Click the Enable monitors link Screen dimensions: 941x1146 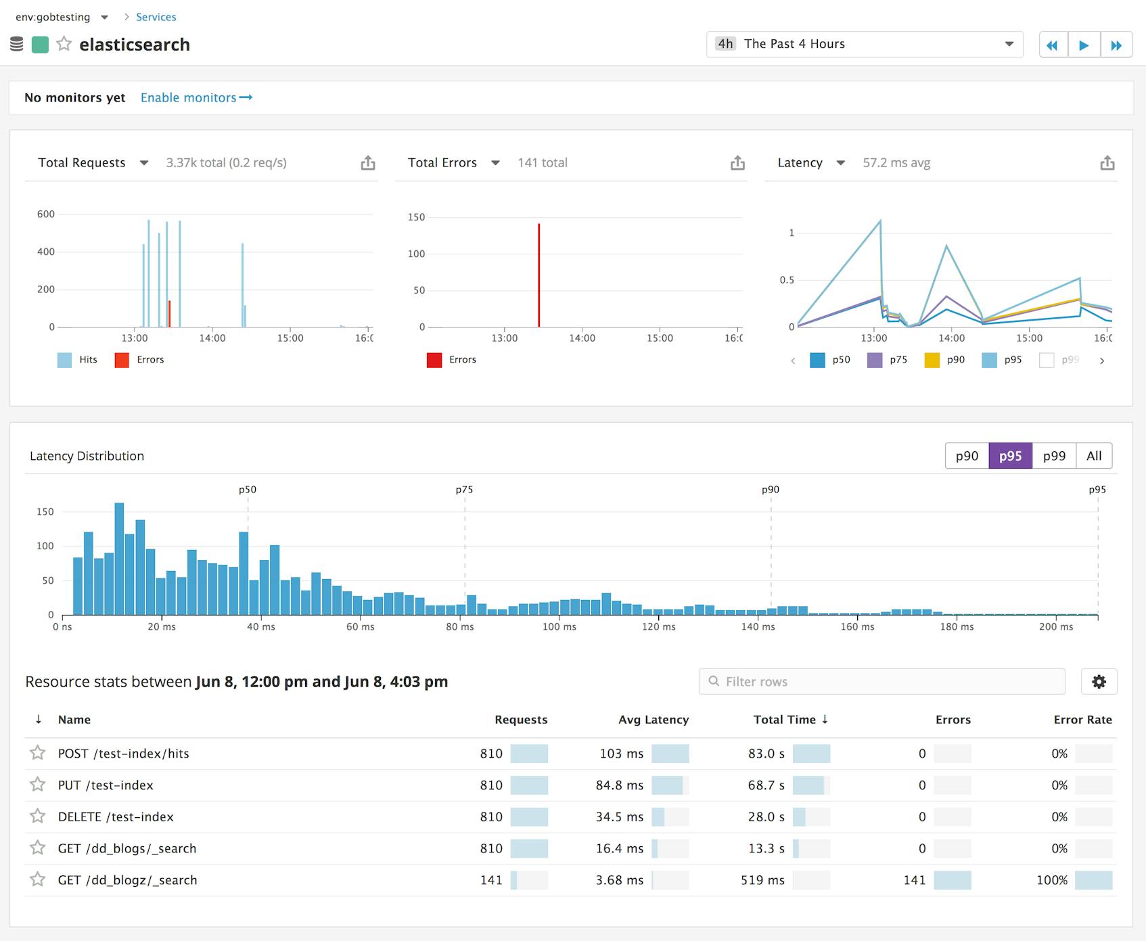pyautogui.click(x=196, y=97)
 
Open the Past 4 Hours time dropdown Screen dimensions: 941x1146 pyautogui.click(x=864, y=44)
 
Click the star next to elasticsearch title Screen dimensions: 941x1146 pyautogui.click(x=64, y=44)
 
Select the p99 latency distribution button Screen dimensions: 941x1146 pyautogui.click(x=1053, y=456)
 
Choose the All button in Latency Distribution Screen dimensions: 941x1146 pyautogui.click(x=1093, y=456)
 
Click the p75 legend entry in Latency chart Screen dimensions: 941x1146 pyautogui.click(x=888, y=360)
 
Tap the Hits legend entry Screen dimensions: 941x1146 pyautogui.click(x=78, y=360)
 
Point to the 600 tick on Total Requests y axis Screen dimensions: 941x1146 pyautogui.click(x=46, y=214)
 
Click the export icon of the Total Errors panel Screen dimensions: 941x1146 pyautogui.click(x=737, y=163)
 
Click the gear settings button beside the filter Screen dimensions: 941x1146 pyautogui.click(x=1099, y=681)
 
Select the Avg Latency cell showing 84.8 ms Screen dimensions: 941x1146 pyautogui.click(x=619, y=785)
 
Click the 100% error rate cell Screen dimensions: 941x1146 pyautogui.click(x=1052, y=880)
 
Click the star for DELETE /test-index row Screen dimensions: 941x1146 pyautogui.click(x=38, y=817)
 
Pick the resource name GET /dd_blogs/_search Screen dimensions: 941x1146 pyautogui.click(x=127, y=848)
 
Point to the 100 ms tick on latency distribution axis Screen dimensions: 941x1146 pyautogui.click(x=559, y=627)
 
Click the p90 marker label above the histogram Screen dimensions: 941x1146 pyautogui.click(x=771, y=489)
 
